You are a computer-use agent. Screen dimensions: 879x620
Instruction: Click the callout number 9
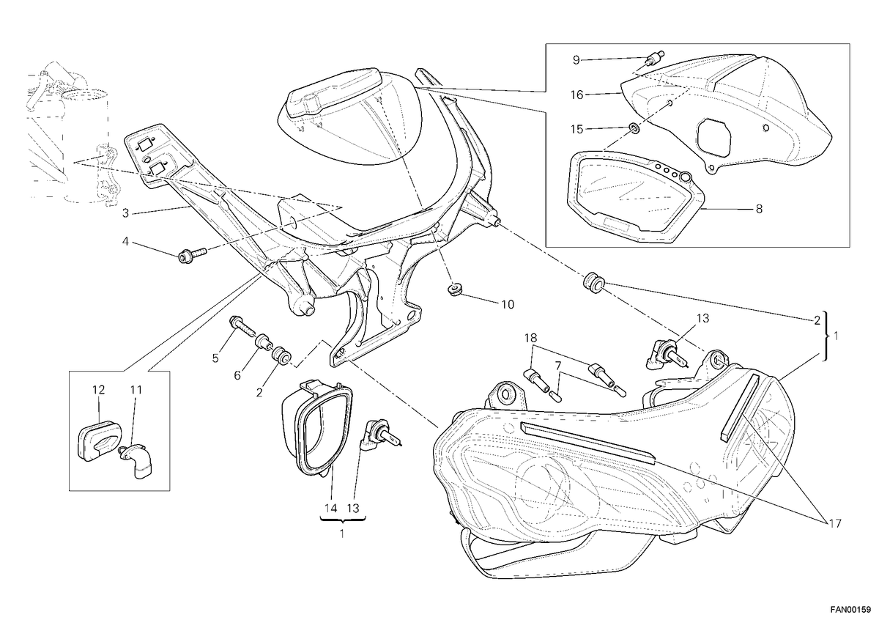[576, 60]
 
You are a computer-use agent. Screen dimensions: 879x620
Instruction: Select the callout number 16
[577, 95]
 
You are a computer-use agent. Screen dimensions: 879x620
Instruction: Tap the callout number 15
[577, 129]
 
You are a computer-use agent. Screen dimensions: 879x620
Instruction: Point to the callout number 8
[760, 209]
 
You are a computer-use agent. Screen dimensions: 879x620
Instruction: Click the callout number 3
[125, 213]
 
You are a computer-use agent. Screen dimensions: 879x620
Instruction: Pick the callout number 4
[125, 241]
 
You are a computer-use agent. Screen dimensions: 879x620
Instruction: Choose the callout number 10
[508, 304]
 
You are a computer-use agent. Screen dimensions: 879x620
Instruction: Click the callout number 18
[531, 338]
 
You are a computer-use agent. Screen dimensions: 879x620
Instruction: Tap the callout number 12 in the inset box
[98, 390]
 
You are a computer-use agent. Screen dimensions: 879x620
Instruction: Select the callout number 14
[331, 509]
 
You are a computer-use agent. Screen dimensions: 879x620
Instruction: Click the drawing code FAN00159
[853, 610]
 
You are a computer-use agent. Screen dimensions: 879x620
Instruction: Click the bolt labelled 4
[192, 254]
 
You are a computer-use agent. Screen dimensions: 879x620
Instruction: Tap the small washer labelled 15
[633, 128]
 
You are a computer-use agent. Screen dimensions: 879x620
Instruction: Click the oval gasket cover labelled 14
[318, 428]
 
